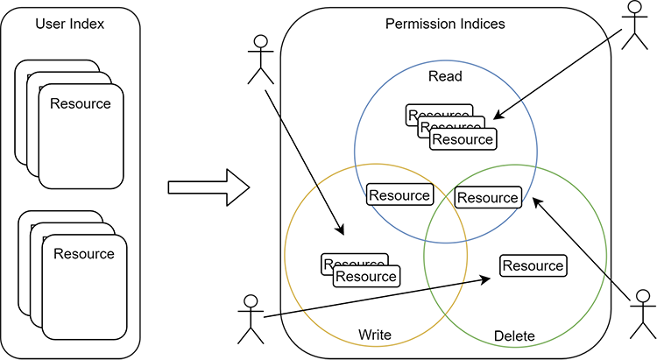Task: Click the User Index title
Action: [70, 24]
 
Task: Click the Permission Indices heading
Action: [445, 24]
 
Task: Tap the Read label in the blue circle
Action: [445, 76]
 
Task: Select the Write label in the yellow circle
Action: [374, 335]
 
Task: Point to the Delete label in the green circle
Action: [514, 335]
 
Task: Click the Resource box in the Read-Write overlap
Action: [399, 195]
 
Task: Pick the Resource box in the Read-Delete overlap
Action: [488, 198]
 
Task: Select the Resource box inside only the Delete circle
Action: [533, 265]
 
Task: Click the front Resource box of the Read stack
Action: [463, 139]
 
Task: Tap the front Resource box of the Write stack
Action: [366, 277]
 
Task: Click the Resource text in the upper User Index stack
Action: [81, 103]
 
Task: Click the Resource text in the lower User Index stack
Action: [84, 254]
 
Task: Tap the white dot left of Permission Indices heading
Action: [260, 41]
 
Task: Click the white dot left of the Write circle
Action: [251, 300]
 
